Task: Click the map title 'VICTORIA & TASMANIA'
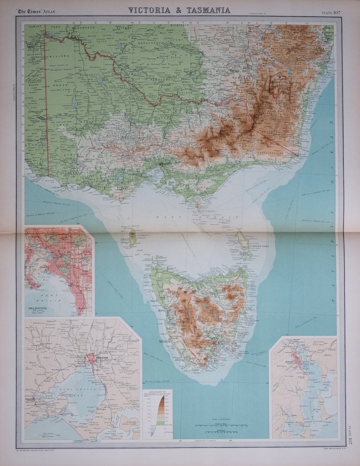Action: click(x=179, y=10)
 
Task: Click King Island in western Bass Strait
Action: click(x=132, y=238)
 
